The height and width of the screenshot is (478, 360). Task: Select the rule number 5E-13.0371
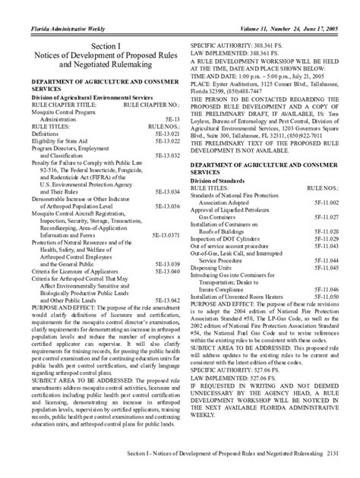[x=163, y=234]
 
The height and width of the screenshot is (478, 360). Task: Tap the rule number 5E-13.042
[x=166, y=300]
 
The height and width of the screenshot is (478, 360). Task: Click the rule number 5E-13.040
[x=166, y=270]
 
